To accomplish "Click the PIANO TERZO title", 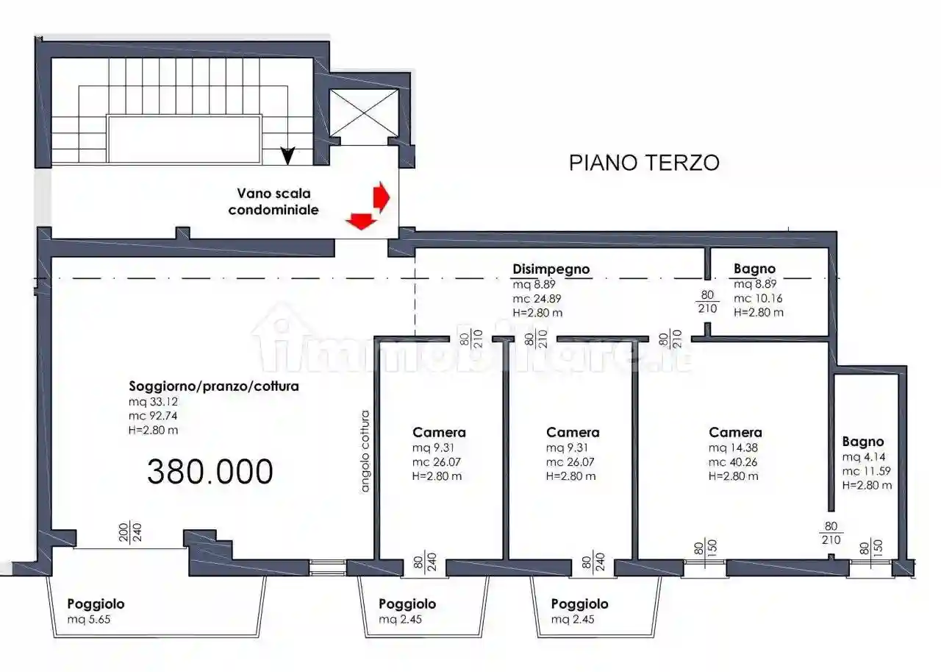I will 644,163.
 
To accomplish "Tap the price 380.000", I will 210,471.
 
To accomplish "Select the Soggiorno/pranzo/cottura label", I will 214,386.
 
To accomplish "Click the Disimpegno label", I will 551,269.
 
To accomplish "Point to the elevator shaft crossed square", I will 364,112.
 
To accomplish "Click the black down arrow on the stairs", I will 288,155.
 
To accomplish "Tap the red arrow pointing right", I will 380,195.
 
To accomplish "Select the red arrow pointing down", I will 359,220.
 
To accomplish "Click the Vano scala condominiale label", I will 273,202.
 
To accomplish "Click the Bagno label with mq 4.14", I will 863,442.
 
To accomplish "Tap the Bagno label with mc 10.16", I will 754,269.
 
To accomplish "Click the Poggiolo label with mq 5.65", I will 96,604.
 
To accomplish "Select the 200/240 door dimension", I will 129,531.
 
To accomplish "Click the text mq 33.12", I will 153,402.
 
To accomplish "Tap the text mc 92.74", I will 154,416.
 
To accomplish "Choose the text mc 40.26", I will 734,462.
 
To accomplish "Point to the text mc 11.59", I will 867,470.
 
